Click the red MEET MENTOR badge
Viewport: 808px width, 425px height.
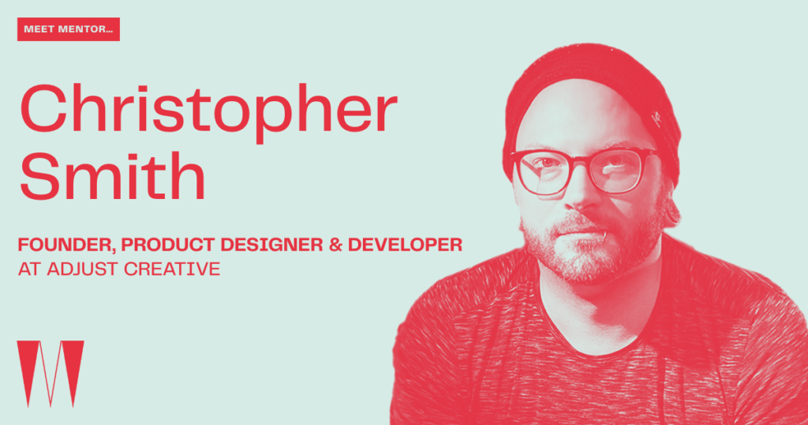click(x=69, y=29)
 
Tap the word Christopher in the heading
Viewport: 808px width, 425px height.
click(x=208, y=112)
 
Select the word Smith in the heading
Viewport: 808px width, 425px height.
click(x=113, y=176)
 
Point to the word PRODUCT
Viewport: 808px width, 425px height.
click(x=171, y=244)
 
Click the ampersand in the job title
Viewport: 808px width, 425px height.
click(x=335, y=244)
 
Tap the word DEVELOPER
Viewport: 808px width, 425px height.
click(x=405, y=244)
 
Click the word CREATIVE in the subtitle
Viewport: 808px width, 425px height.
click(x=172, y=269)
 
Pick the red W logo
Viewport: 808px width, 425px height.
click(x=50, y=374)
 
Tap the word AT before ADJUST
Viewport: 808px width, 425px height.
click(x=29, y=269)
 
